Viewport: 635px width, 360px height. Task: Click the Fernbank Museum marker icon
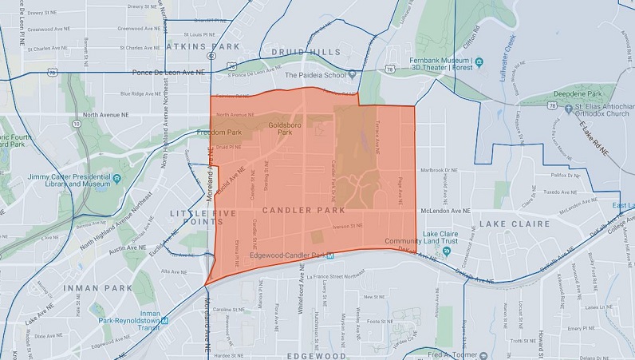click(x=479, y=61)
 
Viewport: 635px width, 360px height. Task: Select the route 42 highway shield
click(x=209, y=57)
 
